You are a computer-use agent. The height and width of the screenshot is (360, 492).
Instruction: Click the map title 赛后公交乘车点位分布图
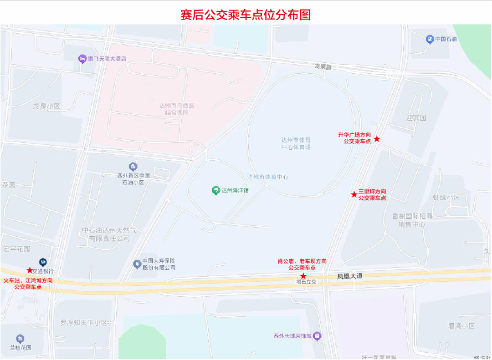pos(246,15)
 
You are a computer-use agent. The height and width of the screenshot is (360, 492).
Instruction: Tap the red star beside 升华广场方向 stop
pos(377,139)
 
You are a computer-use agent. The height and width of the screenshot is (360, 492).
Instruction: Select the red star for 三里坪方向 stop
pos(354,194)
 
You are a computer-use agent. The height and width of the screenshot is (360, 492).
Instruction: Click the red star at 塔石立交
pos(303,276)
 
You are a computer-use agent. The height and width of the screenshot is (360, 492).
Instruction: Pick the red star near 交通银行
pos(30,270)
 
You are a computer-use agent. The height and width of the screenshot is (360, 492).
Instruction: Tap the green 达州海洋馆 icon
pos(216,191)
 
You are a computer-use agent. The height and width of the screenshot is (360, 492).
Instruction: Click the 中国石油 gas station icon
pos(430,39)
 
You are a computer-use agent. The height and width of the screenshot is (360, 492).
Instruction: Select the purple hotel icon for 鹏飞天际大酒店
pos(82,58)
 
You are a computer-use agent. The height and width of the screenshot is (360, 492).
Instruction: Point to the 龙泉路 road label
pos(323,66)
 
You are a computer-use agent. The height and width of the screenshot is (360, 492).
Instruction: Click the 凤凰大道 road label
pos(350,276)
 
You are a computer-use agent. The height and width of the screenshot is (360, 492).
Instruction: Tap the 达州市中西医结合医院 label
pos(177,109)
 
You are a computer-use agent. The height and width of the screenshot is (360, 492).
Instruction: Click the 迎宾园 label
pos(416,117)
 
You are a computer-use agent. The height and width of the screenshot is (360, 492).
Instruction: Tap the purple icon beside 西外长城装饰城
pos(317,336)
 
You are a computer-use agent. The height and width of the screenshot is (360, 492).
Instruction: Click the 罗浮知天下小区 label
pos(84,323)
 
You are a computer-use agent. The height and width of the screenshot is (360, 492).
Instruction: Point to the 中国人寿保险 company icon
pos(136,264)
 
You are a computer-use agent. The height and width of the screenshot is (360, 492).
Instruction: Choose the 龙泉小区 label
pos(46,106)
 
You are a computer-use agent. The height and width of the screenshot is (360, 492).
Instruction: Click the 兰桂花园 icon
pos(20,339)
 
